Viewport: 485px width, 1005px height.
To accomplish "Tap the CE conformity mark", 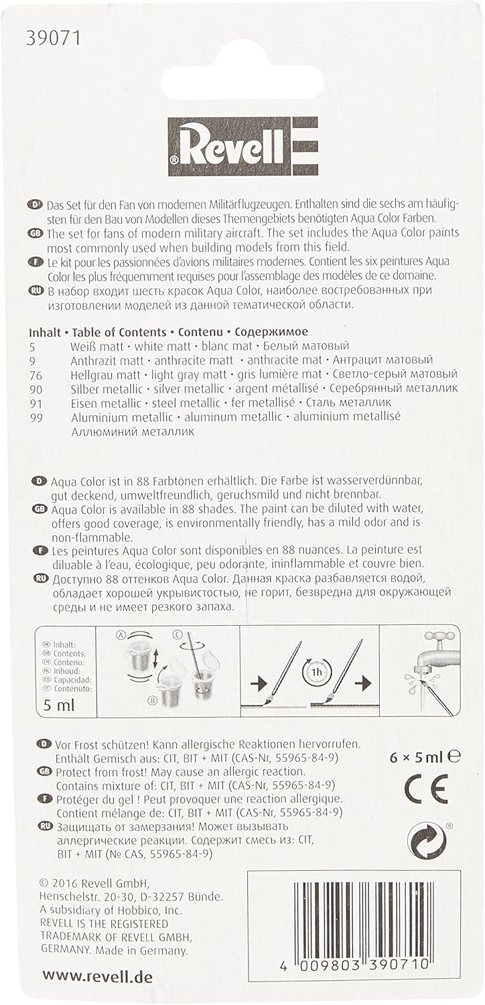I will (425, 791).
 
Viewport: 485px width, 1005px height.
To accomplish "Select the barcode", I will (360, 924).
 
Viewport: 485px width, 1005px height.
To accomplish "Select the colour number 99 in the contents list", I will (38, 416).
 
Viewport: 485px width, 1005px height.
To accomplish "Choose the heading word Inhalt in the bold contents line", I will (46, 332).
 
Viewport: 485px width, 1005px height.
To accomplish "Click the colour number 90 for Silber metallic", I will (38, 388).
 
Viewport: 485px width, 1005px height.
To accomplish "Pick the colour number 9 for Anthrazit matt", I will (33, 360).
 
